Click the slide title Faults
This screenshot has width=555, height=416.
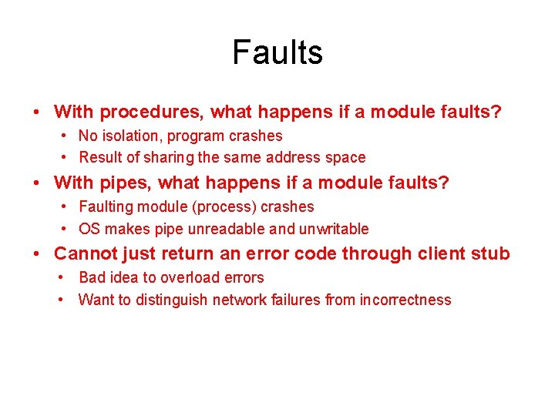coord(277,52)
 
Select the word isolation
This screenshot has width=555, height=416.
coord(129,136)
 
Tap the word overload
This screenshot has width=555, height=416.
coord(186,277)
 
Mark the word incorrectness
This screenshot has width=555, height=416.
coord(405,300)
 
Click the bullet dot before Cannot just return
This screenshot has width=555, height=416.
coord(37,253)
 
